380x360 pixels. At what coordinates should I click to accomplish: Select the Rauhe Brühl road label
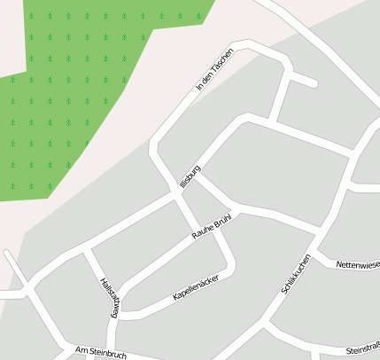211,226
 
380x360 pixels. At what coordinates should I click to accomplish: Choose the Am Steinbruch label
102,353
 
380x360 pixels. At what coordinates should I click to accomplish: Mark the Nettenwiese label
358,263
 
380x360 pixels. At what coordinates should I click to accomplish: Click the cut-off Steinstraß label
363,348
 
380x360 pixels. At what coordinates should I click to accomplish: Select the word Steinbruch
108,354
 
